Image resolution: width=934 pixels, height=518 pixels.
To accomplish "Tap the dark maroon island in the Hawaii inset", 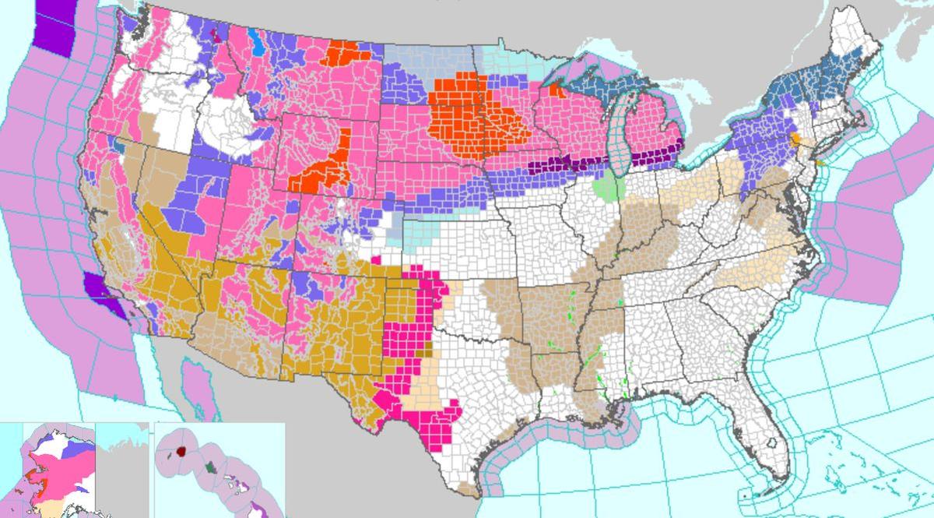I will click(x=181, y=450).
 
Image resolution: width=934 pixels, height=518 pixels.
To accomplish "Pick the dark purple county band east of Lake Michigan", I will click(x=654, y=156).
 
